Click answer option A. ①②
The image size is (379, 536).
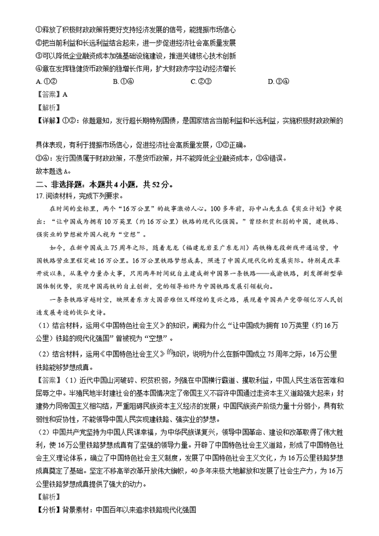pos(44,81)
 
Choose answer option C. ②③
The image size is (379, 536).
pos(199,81)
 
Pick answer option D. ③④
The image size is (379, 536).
pos(277,81)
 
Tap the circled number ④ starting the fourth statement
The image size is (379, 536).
pos(39,69)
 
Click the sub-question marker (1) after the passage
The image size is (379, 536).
pos(42,325)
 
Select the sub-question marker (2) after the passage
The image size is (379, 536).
pos(42,353)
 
